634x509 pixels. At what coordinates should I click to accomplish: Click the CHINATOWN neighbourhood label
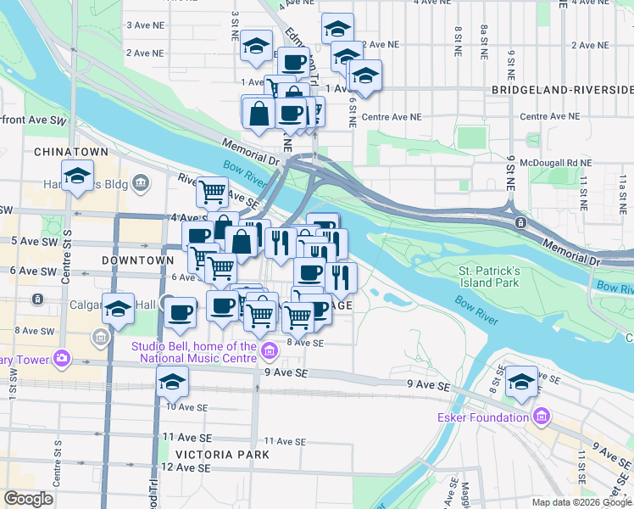pos(71,151)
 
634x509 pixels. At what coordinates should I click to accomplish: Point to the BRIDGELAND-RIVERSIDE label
pos(562,89)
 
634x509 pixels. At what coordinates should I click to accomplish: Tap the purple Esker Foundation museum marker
pos(542,417)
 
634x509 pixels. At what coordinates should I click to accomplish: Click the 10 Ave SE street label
pos(186,407)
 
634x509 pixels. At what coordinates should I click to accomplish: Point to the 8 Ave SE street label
pos(305,343)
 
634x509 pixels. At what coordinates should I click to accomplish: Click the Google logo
pos(29,499)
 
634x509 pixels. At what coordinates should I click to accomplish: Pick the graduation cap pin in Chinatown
pos(77,176)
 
